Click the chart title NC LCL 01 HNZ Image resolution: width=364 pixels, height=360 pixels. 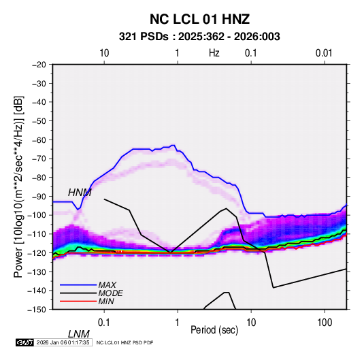pos(199,19)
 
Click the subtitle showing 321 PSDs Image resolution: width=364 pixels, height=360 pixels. pos(199,37)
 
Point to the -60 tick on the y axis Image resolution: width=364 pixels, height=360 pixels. pos(39,140)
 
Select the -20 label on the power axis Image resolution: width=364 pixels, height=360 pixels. pos(39,65)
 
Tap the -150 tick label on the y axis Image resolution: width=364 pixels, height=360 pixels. pos(37,310)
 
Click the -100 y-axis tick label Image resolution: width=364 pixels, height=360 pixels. pos(37,215)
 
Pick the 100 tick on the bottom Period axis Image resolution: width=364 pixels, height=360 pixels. pos(325,323)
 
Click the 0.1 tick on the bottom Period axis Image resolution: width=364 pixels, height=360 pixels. pos(104,323)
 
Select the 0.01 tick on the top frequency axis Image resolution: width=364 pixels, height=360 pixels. pos(324,53)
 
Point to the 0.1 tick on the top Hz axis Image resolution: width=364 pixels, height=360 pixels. pos(251,53)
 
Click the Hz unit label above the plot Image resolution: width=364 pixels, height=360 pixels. pos(214,53)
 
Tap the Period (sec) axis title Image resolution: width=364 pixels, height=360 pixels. pos(214,330)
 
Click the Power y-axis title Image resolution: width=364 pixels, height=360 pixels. pos(18,186)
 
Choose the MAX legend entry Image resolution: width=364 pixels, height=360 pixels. pos(107,285)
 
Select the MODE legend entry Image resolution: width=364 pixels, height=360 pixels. pos(110,293)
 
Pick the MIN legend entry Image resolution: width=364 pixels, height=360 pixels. pos(106,301)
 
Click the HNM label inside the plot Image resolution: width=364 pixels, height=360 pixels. pos(80,193)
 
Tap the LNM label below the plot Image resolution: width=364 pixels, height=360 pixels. pos(79,334)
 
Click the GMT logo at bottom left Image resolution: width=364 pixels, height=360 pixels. pos(25,342)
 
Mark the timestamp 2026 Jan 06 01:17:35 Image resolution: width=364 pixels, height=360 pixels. pos(63,342)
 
